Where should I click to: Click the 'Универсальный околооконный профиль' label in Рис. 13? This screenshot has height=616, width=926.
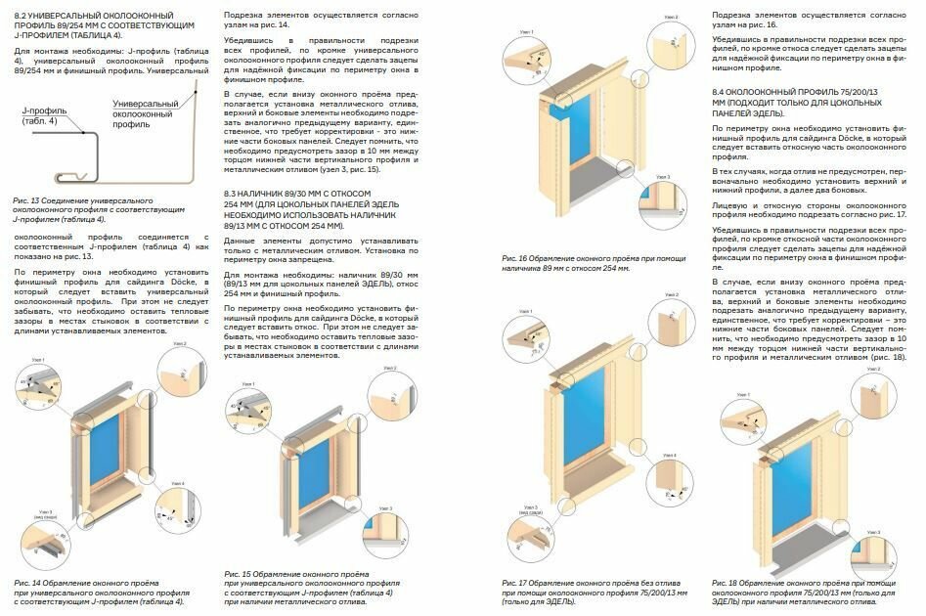(144, 113)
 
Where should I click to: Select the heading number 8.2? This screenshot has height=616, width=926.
(20, 18)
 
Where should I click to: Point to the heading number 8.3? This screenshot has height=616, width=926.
(231, 194)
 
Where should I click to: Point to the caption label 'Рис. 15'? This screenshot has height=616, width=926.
(236, 571)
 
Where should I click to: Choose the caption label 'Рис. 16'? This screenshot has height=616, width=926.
(514, 257)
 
